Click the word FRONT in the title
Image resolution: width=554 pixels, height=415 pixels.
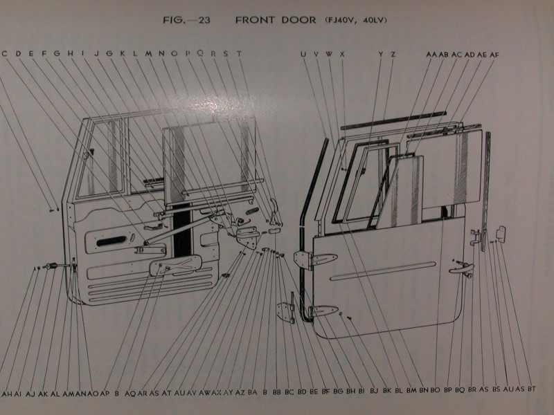click(256, 19)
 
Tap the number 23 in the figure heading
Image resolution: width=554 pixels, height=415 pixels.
click(204, 19)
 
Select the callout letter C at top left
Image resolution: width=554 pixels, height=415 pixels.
click(5, 53)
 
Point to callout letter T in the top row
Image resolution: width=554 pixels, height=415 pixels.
click(239, 53)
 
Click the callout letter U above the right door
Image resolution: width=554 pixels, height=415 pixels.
click(303, 53)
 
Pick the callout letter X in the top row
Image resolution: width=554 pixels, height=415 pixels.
click(342, 53)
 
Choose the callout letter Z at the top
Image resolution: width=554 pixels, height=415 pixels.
click(393, 53)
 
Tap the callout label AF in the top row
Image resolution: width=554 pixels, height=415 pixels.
click(494, 53)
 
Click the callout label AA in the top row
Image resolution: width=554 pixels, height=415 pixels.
click(431, 53)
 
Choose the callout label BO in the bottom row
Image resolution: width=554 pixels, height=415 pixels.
click(435, 392)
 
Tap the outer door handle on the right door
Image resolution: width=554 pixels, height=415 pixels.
click(461, 268)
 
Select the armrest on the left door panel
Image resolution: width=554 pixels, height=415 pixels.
click(177, 264)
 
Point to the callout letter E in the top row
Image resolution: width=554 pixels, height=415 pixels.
click(31, 53)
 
